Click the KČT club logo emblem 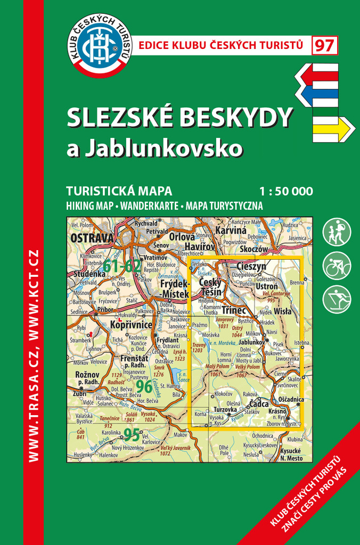102,45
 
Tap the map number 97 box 324,46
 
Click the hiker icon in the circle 337,233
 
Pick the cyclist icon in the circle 337,266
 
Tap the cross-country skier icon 337,300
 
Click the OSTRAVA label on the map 92,238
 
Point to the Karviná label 231,231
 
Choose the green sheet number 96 144,386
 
